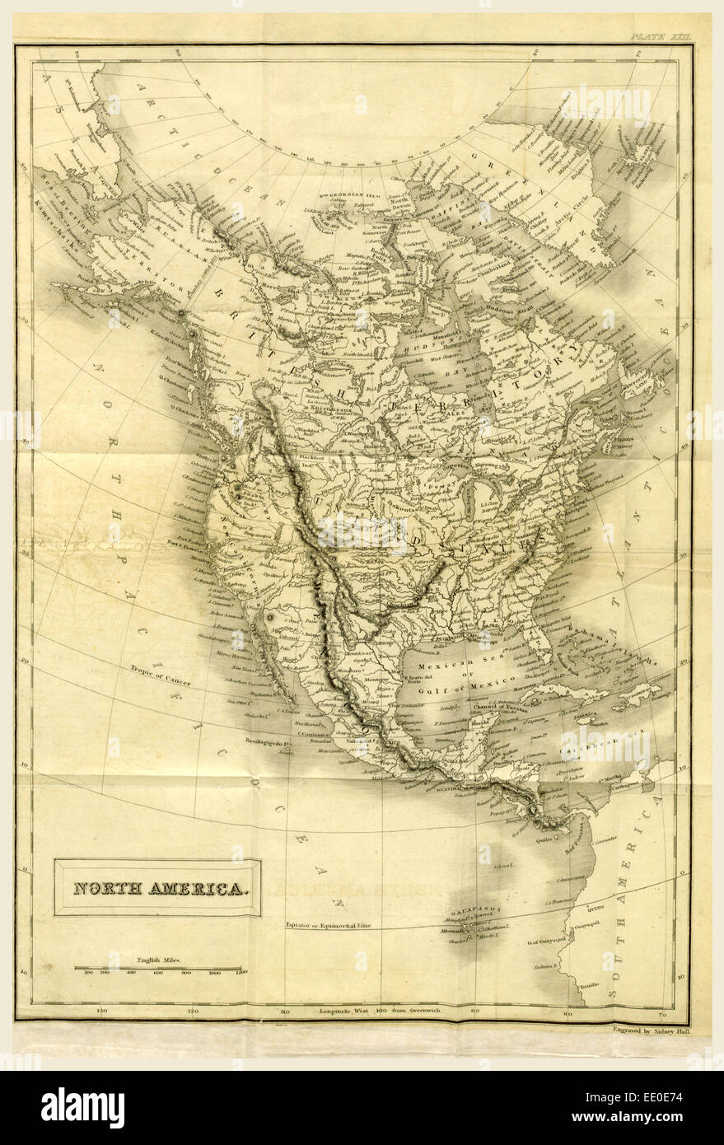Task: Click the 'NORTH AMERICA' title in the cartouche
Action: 158,889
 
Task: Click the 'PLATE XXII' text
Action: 658,36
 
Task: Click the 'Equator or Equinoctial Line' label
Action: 328,925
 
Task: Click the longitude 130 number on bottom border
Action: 101,1010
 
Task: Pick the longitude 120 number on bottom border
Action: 192,1010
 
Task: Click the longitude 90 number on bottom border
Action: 474,1010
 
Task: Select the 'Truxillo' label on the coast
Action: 587,985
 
